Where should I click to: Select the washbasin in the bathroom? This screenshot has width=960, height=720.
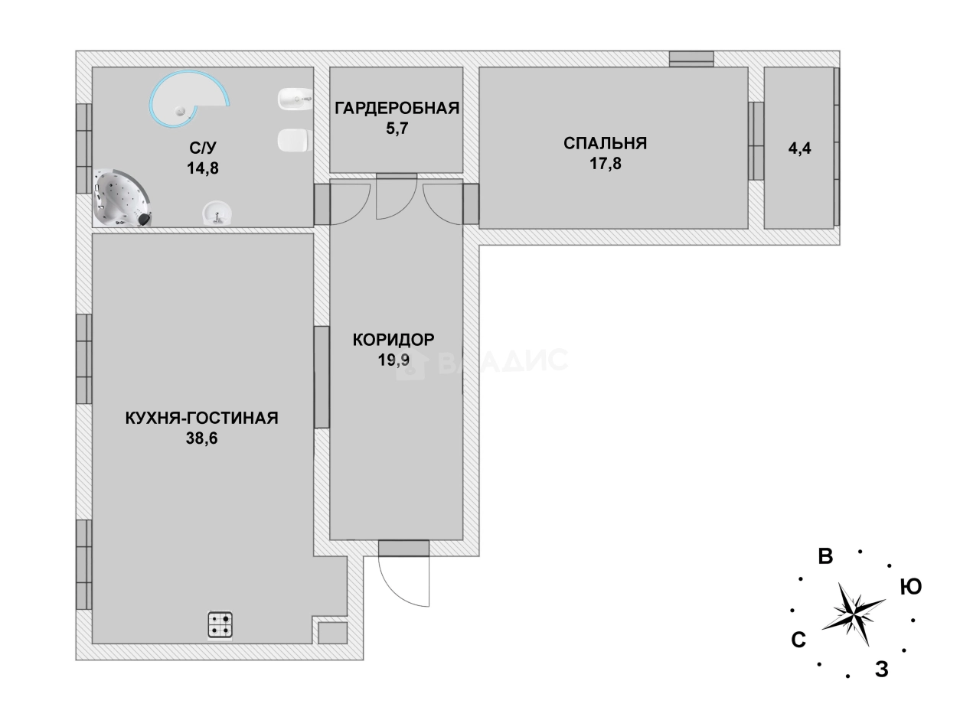217,213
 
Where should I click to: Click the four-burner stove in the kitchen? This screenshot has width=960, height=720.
220,624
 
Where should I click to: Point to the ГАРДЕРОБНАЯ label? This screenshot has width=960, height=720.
397,108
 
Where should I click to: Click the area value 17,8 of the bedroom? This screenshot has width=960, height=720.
605,163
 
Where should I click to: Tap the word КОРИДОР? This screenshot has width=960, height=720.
393,339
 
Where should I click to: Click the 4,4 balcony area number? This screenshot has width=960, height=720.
799,148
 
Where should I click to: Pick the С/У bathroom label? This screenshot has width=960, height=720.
203,148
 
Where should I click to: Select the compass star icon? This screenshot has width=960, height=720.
853,613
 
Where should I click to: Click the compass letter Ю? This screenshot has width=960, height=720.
910,587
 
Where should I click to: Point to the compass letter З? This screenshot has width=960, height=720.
881,670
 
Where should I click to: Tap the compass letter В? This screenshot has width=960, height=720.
825,556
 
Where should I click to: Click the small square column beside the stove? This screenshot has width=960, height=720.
332,633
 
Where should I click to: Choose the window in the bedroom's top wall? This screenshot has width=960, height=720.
691,59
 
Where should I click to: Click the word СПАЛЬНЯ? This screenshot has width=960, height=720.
605,143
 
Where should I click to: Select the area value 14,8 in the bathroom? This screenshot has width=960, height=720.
203,168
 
